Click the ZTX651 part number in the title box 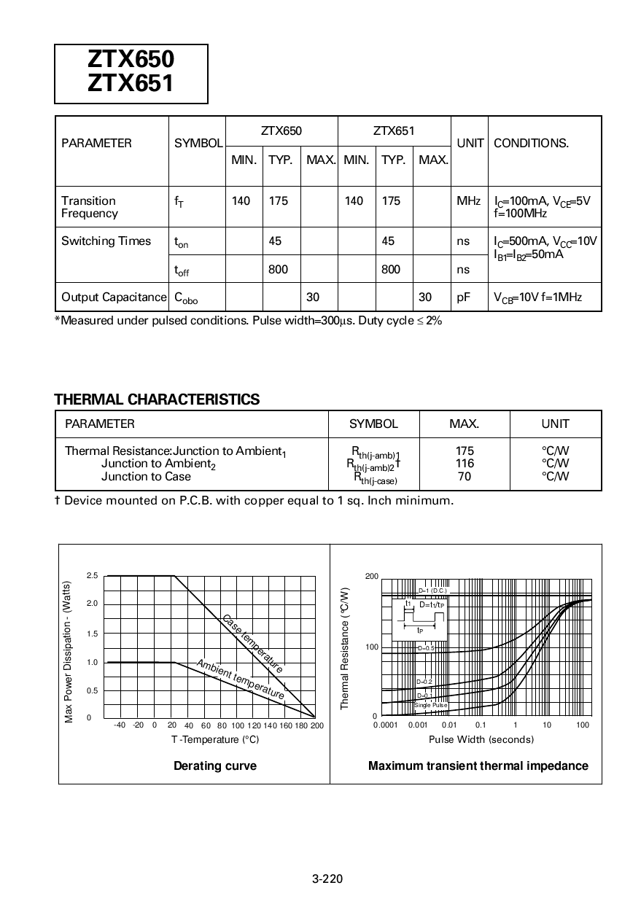coord(131,85)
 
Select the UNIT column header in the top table coord(470,143)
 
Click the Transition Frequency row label coord(89,207)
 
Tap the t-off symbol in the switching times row coord(182,270)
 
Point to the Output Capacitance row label coord(113,297)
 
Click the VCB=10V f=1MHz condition coord(537,297)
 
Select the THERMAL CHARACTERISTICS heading coord(157,399)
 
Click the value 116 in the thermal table coord(464,463)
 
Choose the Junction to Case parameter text coord(146,476)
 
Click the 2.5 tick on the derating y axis coord(92,576)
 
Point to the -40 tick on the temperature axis coord(120,725)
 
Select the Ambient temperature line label coord(241,679)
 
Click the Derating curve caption coord(214,765)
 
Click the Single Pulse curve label coord(430,705)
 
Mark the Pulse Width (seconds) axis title coord(481,739)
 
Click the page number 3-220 coord(327,878)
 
